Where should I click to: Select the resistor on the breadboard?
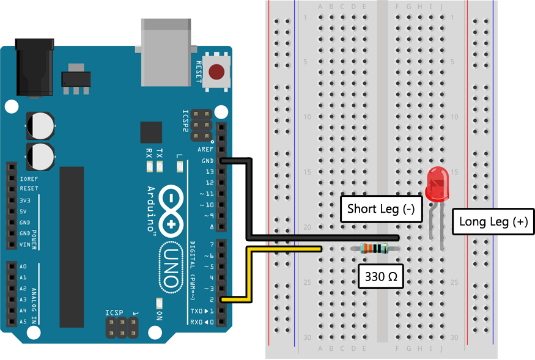click(x=375, y=248)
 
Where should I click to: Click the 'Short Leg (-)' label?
click(x=381, y=209)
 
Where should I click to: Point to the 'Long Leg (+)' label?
click(x=493, y=221)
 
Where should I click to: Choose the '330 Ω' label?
click(x=381, y=276)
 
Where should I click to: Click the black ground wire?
click(x=248, y=202)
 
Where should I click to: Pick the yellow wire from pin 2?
click(x=247, y=275)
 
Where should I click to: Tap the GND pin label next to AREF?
click(x=207, y=161)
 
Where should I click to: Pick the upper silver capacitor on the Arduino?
click(x=40, y=125)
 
